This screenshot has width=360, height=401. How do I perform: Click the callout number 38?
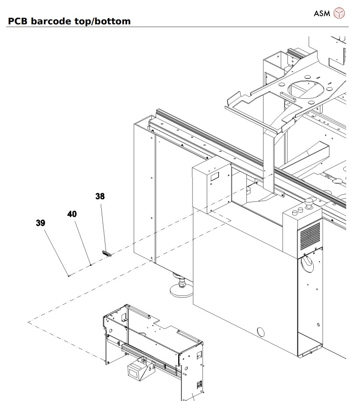coord(100,196)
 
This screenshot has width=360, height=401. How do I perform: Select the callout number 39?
coord(41,222)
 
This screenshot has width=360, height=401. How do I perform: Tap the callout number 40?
coord(72,214)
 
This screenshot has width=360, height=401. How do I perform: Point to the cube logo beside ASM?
coord(338,13)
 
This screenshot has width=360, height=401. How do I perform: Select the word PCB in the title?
coord(18,21)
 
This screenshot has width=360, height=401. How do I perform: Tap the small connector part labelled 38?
coord(106,253)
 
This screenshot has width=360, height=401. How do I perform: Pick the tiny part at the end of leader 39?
coord(69,275)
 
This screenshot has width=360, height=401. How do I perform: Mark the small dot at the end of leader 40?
coord(91,264)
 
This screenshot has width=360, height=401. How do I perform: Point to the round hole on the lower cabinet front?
coord(261,332)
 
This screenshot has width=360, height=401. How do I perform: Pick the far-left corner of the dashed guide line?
coord(29,322)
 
